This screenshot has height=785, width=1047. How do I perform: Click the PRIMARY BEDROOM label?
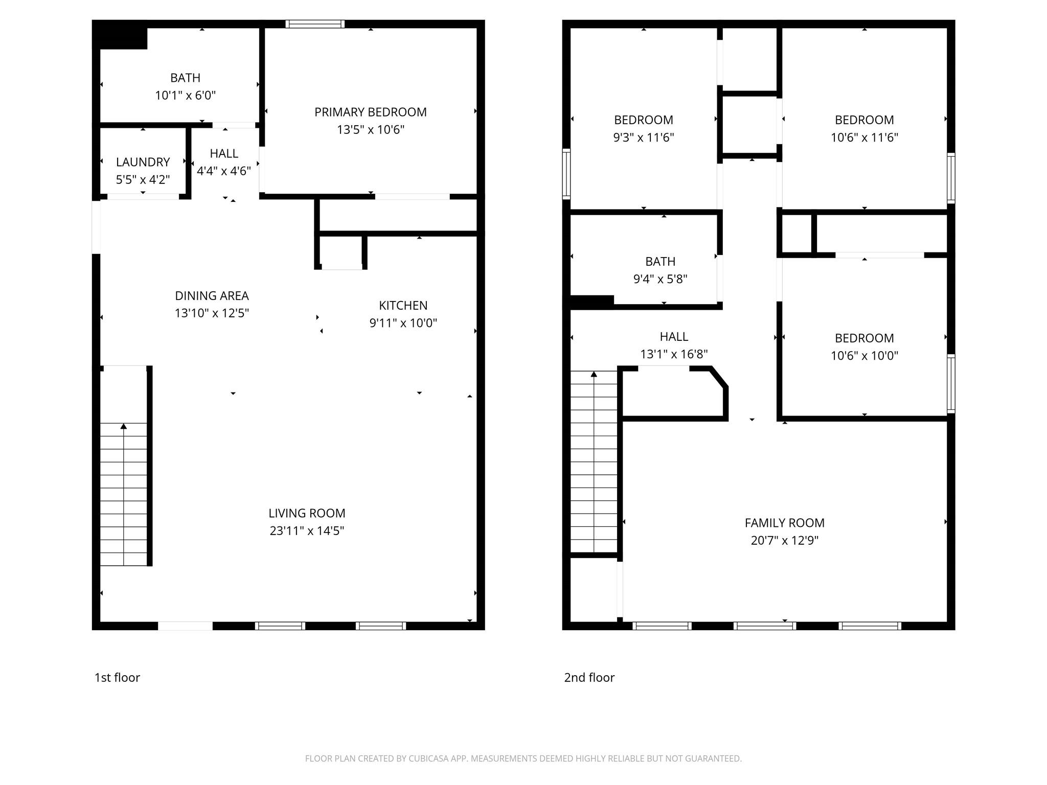[x=370, y=112]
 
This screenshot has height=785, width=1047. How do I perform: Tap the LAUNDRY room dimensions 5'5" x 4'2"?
[x=143, y=180]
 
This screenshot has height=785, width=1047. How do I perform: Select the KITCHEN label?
[x=403, y=306]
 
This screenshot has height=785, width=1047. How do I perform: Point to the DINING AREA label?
[x=212, y=296]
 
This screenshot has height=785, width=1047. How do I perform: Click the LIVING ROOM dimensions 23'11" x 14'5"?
[x=307, y=531]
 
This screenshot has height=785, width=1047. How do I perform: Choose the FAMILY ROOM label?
[x=784, y=523]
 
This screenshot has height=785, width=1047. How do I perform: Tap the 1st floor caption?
[x=117, y=678]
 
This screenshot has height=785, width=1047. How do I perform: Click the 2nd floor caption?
[x=589, y=678]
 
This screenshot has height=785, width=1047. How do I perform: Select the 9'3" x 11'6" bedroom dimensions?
[x=643, y=137]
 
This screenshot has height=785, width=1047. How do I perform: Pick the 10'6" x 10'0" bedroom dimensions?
[x=864, y=356]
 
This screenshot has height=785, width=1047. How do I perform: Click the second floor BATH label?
[x=660, y=262]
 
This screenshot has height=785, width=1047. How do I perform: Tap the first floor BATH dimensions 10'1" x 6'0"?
[x=185, y=96]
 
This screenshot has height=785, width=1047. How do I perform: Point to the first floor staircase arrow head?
[x=124, y=426]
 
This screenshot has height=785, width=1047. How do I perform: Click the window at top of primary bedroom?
[x=315, y=24]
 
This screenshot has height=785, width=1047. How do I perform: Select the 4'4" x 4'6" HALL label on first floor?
[x=224, y=154]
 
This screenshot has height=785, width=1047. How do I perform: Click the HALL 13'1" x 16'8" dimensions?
[x=674, y=354]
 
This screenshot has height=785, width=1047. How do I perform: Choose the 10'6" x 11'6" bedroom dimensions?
[x=864, y=137]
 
